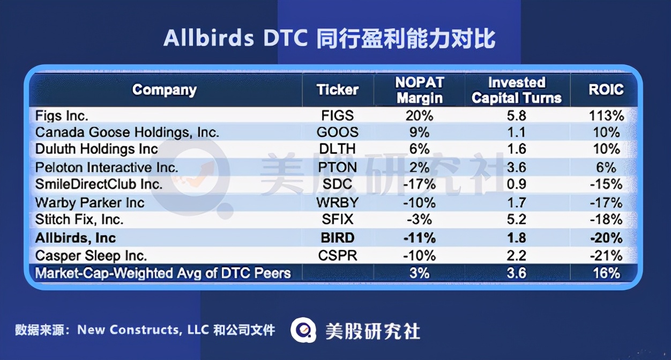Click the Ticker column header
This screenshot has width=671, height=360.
(x=338, y=89)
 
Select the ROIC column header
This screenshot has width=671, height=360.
(x=606, y=89)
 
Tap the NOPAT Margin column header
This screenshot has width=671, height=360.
(x=419, y=90)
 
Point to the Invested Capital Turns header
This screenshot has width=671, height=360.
(x=517, y=90)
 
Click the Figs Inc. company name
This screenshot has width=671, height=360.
(x=62, y=116)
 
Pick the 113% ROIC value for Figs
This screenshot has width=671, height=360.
(x=606, y=116)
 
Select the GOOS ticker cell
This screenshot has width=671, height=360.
(x=338, y=132)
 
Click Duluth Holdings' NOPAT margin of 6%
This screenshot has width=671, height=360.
(x=419, y=149)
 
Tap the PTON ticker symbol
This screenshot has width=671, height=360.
(x=338, y=167)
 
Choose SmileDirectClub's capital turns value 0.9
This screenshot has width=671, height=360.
(x=517, y=184)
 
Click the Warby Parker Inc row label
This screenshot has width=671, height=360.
(x=90, y=202)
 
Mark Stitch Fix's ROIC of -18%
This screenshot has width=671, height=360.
(x=606, y=220)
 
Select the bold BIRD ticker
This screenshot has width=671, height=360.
(x=338, y=238)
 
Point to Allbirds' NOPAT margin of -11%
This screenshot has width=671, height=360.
(x=419, y=238)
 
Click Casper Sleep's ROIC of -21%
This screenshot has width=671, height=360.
(x=606, y=256)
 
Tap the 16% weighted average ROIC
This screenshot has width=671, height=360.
(x=606, y=273)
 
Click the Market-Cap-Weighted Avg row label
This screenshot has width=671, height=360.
(x=163, y=273)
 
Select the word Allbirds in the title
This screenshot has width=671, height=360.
(x=209, y=39)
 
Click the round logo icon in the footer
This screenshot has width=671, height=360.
(x=304, y=330)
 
